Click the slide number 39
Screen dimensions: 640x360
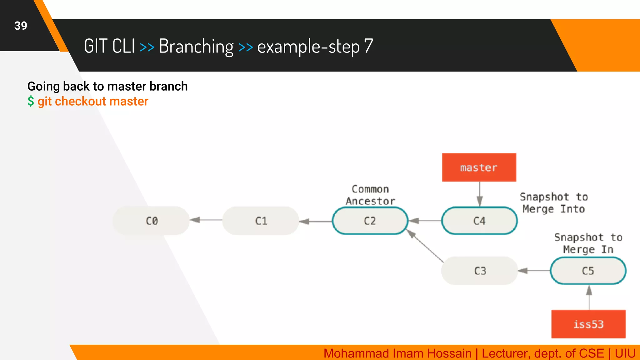tap(21, 26)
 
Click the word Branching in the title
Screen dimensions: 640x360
tap(196, 46)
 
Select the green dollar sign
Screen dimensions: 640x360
tap(31, 101)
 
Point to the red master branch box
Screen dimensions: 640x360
tap(479, 167)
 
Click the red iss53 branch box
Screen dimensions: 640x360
tap(588, 324)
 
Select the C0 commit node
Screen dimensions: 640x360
tap(152, 221)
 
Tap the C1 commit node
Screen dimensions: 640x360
tap(261, 221)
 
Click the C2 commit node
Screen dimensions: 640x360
tap(370, 221)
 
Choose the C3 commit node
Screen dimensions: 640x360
tap(480, 271)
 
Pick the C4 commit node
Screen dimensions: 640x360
tap(479, 221)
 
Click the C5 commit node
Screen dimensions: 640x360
tap(588, 271)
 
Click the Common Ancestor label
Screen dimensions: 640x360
tap(370, 195)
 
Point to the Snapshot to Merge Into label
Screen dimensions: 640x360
tap(553, 203)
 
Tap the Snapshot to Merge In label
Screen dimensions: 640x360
tap(588, 243)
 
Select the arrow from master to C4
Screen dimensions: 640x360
tap(480, 194)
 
